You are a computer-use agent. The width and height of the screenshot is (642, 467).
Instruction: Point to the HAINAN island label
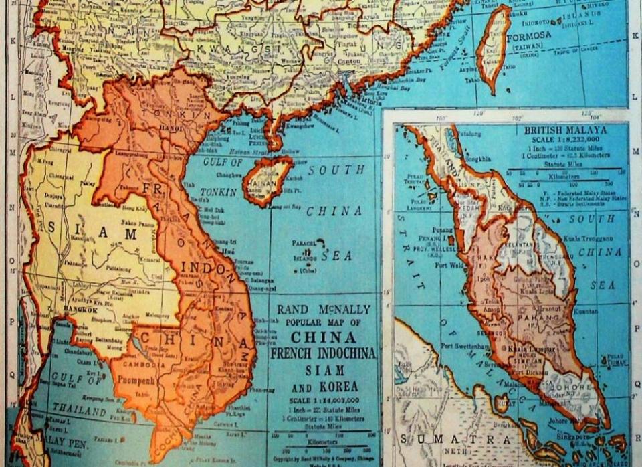(264, 181)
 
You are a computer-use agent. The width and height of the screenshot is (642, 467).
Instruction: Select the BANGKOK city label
(80, 310)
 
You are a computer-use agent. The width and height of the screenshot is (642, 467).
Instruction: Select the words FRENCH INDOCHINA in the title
(324, 353)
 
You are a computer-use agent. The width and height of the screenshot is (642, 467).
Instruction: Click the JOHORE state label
(571, 387)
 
